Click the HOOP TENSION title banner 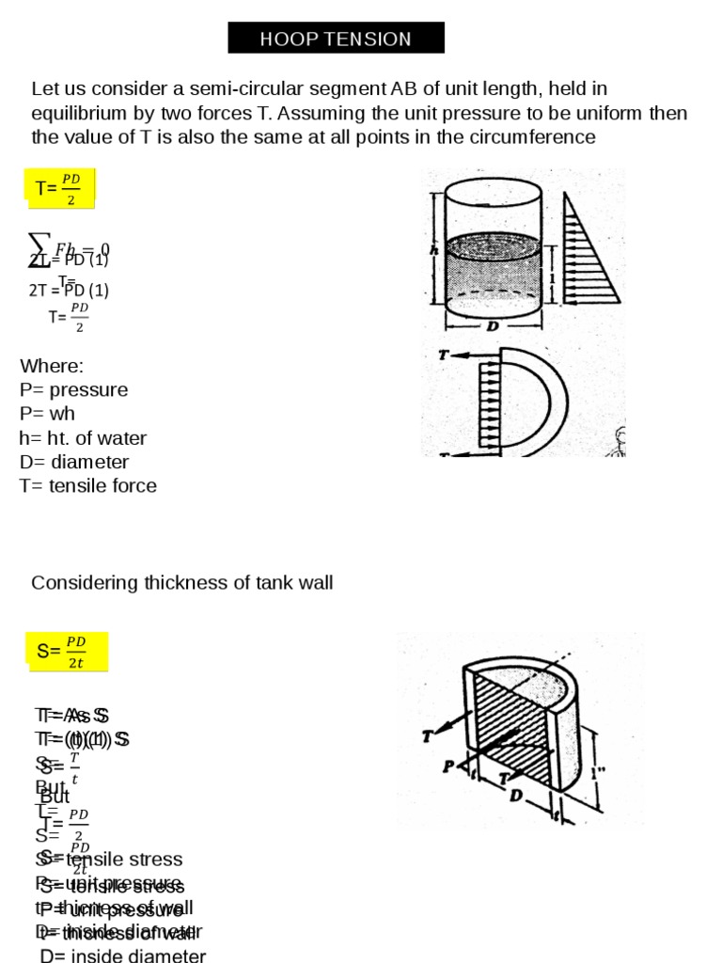click(336, 39)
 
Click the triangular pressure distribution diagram click(588, 249)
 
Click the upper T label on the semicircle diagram click(443, 357)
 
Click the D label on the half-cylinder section click(514, 797)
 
